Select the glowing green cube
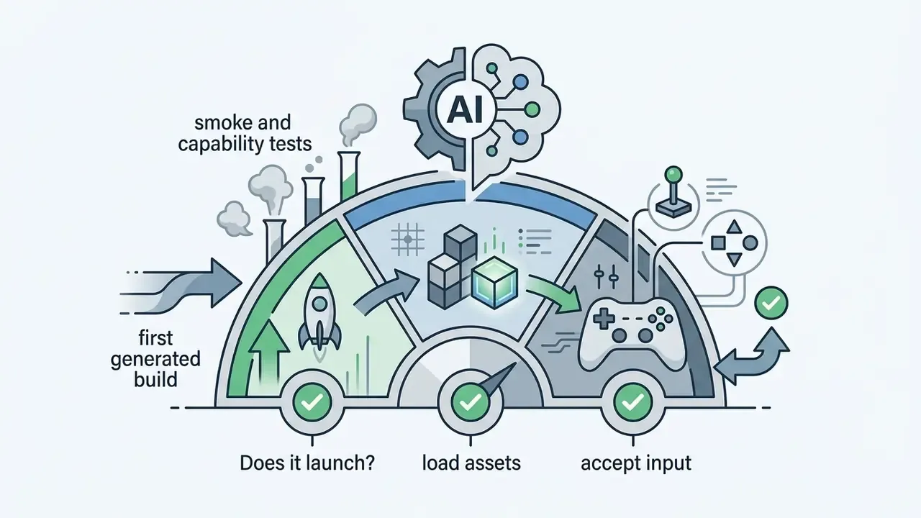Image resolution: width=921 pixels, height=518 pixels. point(495,282)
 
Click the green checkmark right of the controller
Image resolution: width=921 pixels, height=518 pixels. point(771,304)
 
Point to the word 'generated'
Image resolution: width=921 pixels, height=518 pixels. point(155,359)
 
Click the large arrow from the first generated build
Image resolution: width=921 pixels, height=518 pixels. point(181,283)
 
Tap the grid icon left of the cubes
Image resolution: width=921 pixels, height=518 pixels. point(407,240)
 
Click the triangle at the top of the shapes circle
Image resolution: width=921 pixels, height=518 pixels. point(735,227)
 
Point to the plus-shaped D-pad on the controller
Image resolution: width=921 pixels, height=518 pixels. point(603,319)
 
